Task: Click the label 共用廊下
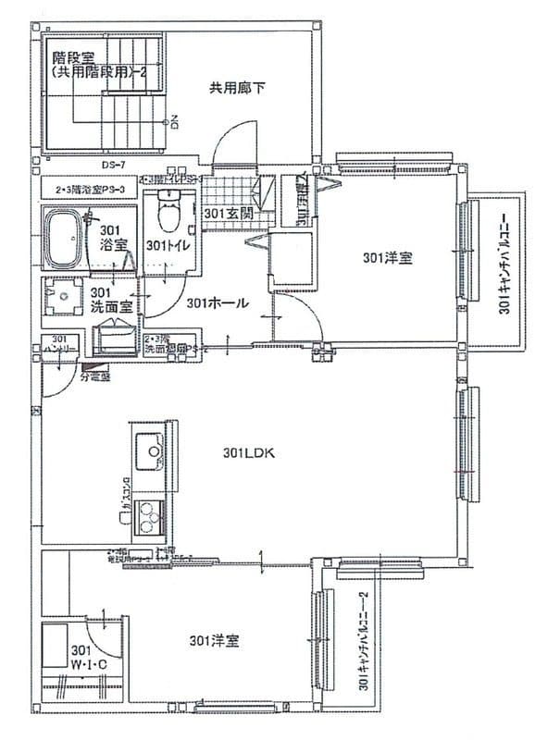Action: (238, 89)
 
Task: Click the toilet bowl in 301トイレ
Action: (168, 216)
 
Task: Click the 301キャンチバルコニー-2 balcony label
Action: (364, 641)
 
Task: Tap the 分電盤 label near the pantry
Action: (95, 377)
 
